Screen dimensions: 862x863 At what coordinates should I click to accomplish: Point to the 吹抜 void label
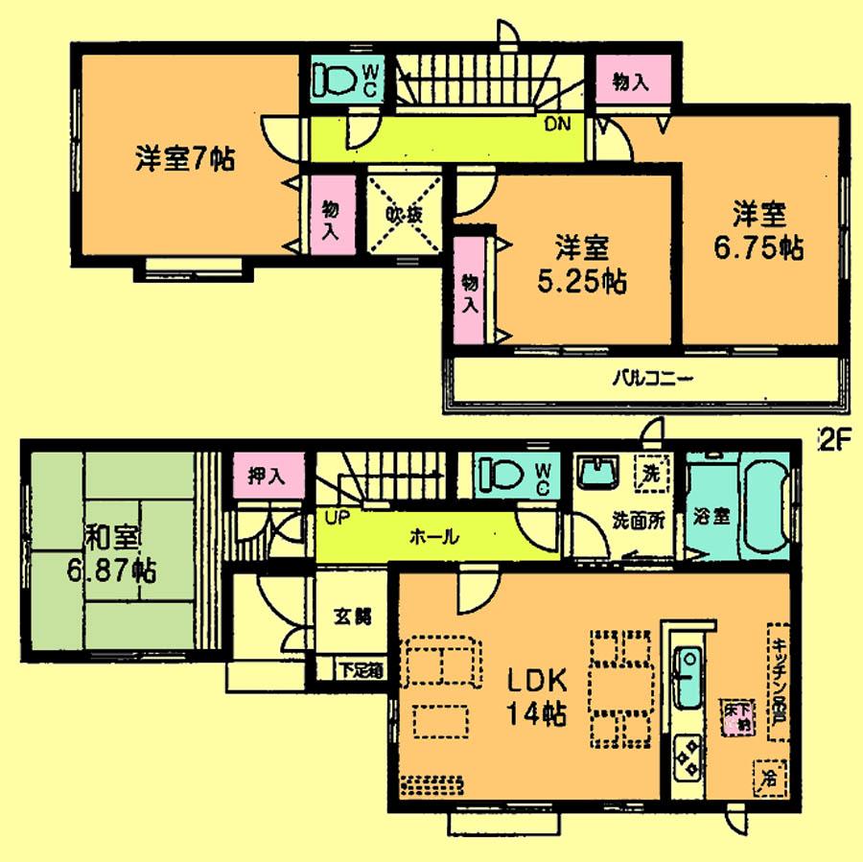pyautogui.click(x=404, y=215)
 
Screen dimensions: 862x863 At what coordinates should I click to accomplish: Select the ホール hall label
pyautogui.click(x=433, y=537)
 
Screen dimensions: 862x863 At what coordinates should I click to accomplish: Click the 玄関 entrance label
pyautogui.click(x=352, y=617)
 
